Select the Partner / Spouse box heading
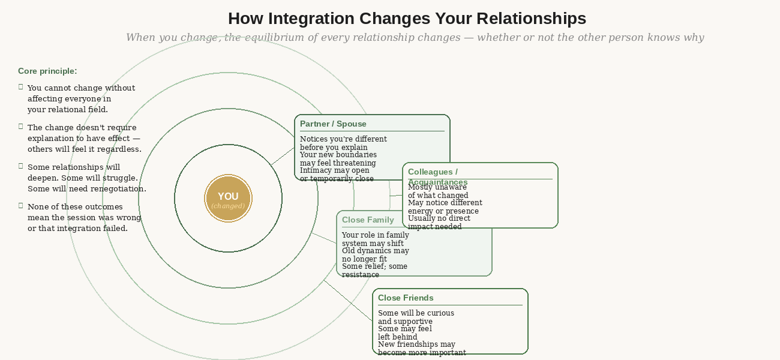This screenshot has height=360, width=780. [x=333, y=124]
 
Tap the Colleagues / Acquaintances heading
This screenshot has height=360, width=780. [x=437, y=176]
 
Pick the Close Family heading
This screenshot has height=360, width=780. [x=368, y=220]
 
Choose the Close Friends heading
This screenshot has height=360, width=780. [x=406, y=298]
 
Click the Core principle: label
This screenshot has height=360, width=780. [x=47, y=71]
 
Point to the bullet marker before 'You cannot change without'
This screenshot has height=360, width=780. [x=21, y=87]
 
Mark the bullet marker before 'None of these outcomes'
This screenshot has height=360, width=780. [x=21, y=206]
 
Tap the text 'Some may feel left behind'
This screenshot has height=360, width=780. [x=404, y=333]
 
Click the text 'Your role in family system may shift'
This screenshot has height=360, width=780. [x=375, y=239]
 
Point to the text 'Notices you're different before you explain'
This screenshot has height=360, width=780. [x=343, y=143]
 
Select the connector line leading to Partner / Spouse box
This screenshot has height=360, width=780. [x=283, y=156]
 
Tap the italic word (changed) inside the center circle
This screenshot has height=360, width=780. [x=228, y=206]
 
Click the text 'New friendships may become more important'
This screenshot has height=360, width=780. [x=421, y=349]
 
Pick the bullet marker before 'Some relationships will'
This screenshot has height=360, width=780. [x=21, y=166]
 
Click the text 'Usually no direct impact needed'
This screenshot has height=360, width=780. [x=439, y=223]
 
